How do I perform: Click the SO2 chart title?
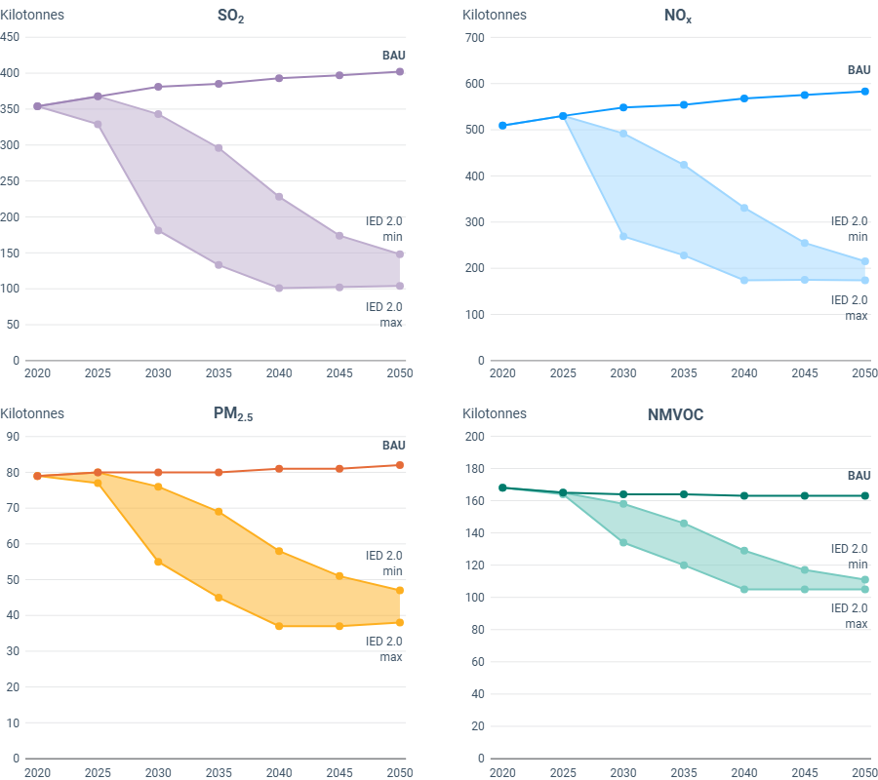230,17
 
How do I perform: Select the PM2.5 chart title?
232,414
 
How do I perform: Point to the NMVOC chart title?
675,414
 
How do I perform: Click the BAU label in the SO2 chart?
393,55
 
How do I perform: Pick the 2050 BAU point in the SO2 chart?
400,71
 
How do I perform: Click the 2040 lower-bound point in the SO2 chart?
279,288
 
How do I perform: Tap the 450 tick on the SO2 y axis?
10,37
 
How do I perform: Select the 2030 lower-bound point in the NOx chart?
623,236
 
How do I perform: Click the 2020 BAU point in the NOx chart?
502,126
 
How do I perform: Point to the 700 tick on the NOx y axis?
475,37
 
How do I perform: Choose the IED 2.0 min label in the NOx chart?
849,228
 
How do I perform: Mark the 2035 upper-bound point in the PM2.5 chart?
219,512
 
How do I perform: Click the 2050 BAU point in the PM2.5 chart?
400,465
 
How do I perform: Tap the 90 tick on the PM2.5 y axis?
14,436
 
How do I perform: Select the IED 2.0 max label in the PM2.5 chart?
383,648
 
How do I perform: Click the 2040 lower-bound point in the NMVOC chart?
744,589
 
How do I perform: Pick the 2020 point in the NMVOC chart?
502,487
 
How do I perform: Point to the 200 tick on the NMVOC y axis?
475,436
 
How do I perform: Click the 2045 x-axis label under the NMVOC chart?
805,772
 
